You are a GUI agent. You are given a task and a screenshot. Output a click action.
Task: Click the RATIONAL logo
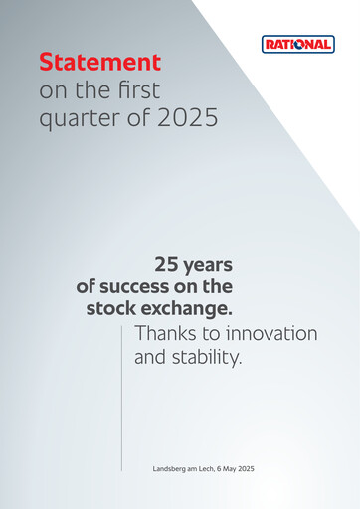pyautogui.click(x=297, y=44)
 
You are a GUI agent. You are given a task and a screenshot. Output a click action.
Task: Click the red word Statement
pyautogui.click(x=99, y=62)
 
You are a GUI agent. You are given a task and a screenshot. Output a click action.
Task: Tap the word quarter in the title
pyautogui.click(x=75, y=120)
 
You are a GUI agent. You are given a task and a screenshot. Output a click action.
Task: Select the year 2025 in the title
pyautogui.click(x=187, y=120)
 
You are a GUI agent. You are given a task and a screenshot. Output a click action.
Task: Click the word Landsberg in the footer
pyautogui.click(x=171, y=467)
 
